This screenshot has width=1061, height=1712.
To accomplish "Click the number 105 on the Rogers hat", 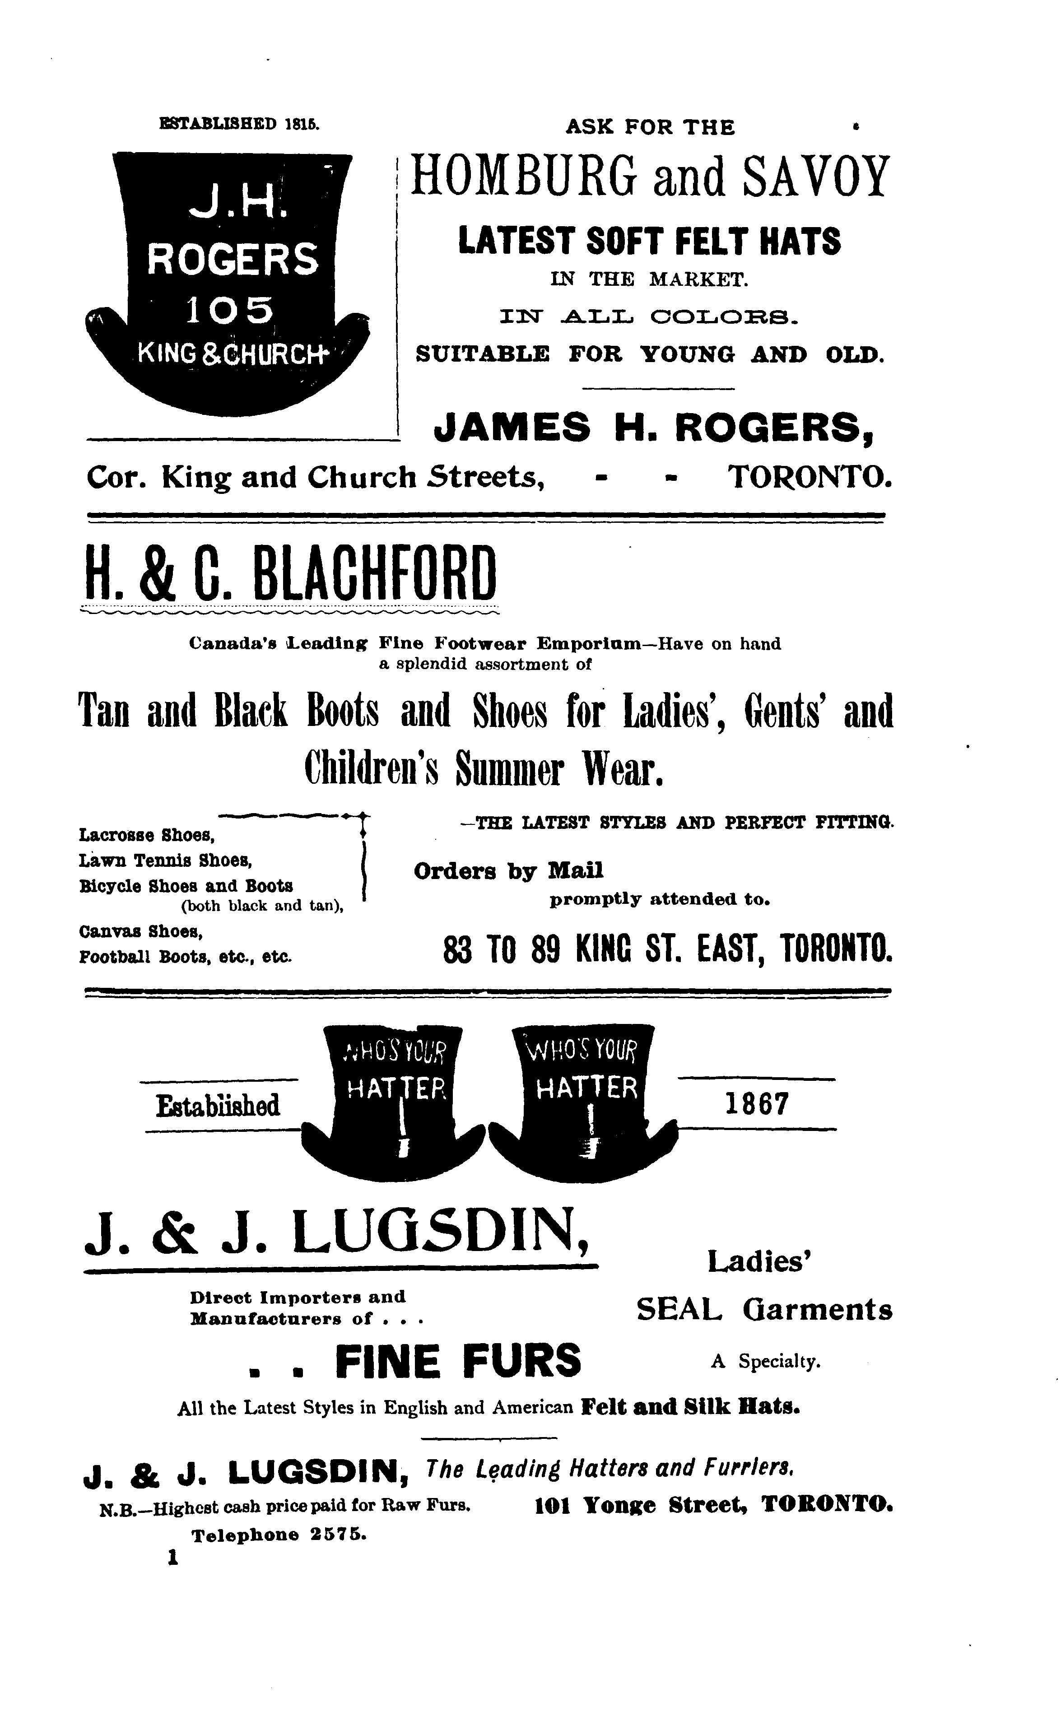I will [x=229, y=310].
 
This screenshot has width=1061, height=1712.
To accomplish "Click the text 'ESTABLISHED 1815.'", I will [x=240, y=124].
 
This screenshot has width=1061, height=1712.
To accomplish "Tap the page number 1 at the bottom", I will [x=171, y=1558].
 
